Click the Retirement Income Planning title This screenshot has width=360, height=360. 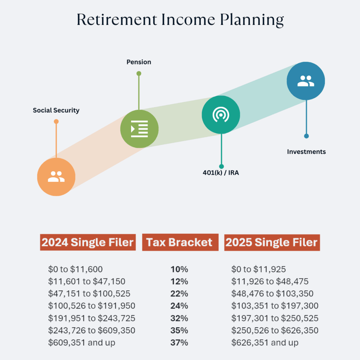point(180,20)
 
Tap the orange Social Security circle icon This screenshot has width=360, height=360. point(56,177)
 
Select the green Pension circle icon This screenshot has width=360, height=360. point(139,129)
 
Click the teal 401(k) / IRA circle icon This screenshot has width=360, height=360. point(221,115)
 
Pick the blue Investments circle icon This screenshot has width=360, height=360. point(306,81)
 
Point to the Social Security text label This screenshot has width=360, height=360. point(56,110)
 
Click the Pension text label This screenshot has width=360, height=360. point(139,62)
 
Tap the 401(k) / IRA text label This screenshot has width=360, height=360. point(221,173)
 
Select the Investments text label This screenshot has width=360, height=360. point(306,152)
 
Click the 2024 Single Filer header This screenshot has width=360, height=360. point(88,243)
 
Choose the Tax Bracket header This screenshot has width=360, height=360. point(180,243)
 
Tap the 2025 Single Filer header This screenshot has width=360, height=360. point(272,243)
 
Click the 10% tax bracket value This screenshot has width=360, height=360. point(179,270)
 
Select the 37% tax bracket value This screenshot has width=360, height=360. point(179,343)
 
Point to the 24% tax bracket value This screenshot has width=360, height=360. point(179,306)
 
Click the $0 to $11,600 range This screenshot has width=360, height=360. point(76,270)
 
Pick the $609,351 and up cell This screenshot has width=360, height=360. point(82,343)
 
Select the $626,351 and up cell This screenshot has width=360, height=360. point(265,343)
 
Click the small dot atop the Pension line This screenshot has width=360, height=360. point(139,73)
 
